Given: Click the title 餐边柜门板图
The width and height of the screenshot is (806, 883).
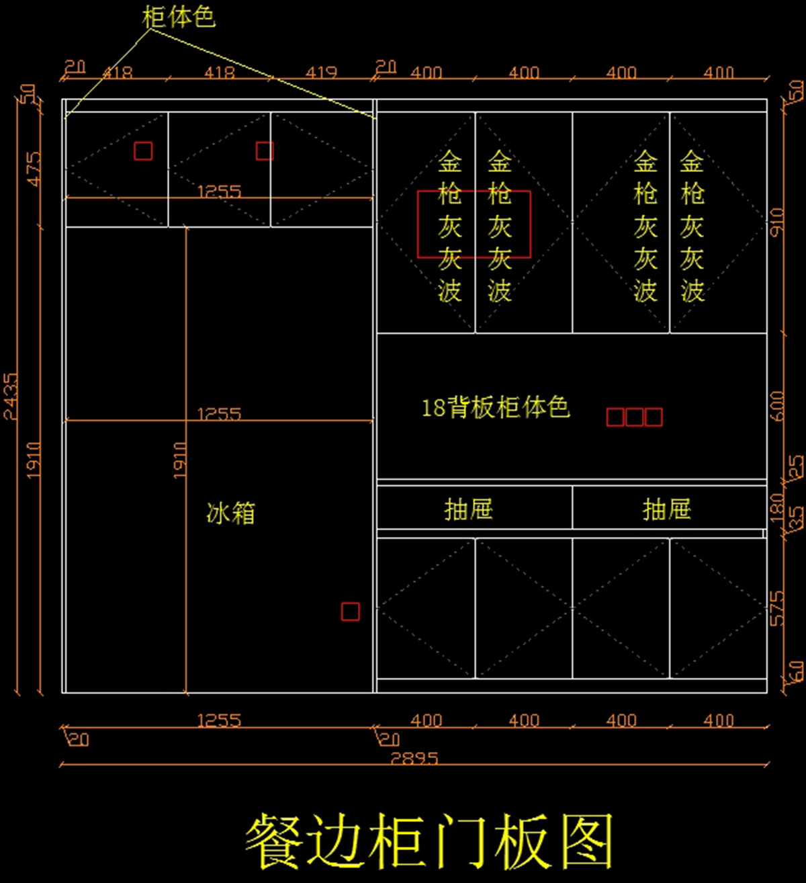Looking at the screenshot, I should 430,841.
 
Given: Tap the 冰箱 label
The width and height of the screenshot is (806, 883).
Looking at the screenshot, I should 230,513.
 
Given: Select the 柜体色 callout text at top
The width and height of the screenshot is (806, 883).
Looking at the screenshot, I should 179,17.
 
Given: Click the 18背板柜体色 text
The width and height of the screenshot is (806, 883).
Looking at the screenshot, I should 496,407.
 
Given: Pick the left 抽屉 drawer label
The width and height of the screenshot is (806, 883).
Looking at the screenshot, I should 469,509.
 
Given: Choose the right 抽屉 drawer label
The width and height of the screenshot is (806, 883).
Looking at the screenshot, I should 666,509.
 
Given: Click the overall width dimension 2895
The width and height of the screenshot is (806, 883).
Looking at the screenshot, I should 414,758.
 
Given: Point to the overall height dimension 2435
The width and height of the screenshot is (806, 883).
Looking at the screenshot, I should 11,396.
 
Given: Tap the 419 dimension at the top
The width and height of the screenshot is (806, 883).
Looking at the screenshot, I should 321,72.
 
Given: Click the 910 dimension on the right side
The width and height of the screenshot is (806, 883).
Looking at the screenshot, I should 776,222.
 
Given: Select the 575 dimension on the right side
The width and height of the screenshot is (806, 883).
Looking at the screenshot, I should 776,608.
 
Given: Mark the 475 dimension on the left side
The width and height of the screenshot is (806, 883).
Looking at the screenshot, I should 33,168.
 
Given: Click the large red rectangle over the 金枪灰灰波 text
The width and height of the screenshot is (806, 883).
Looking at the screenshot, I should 474,224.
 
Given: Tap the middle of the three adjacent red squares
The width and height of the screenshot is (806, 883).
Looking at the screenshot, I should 634,417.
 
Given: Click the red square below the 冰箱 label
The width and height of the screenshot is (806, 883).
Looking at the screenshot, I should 350,612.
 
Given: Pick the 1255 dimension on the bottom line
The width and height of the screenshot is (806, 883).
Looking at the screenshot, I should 219,720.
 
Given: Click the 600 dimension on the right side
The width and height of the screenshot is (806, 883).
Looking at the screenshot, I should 776,406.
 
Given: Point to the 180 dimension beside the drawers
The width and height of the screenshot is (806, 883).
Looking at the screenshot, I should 777,507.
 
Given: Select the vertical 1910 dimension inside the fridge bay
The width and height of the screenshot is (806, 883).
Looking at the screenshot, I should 179,460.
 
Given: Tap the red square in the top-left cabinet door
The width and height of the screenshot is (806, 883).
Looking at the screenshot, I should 143,151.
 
